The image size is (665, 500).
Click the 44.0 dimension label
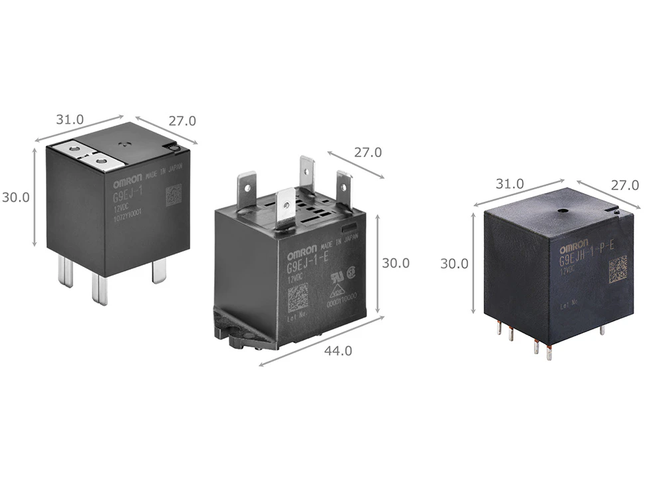(x=338, y=351)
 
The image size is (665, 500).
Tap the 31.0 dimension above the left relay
(x=70, y=120)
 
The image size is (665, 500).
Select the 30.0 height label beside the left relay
(x=15, y=198)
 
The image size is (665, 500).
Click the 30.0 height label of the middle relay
(x=396, y=263)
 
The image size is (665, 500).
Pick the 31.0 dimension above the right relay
(x=510, y=184)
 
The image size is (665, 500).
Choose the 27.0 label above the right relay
(x=625, y=186)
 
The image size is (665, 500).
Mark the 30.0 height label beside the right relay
(x=454, y=264)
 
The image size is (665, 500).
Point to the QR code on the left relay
(x=173, y=194)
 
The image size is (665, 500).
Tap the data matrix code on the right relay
(x=617, y=268)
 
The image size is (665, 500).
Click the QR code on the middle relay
(x=298, y=297)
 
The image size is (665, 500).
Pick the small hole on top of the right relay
(x=563, y=211)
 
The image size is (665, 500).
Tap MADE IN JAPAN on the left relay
(x=162, y=170)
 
